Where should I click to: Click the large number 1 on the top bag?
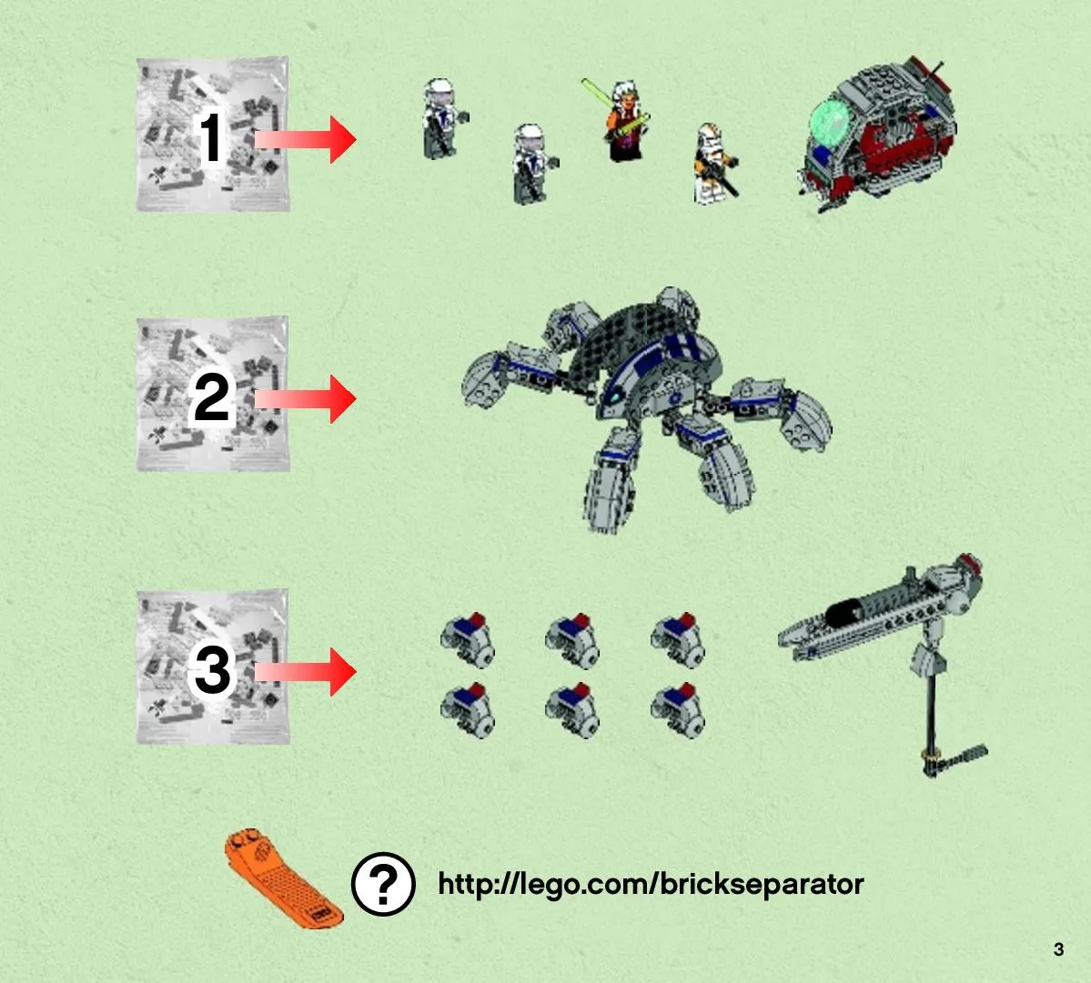tap(211, 138)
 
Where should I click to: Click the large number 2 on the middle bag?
tap(211, 397)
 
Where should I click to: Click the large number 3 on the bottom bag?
tap(212, 670)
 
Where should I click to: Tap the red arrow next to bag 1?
tap(306, 139)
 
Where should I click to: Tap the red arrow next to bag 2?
tap(306, 399)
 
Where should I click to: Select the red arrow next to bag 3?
tap(306, 672)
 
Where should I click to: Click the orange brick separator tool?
tap(282, 878)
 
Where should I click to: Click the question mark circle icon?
tap(383, 884)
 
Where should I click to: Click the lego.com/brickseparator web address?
tap(651, 884)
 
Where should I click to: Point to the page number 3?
tap(1058, 949)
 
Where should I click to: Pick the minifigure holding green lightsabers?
tap(620, 119)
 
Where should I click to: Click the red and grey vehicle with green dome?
tap(877, 135)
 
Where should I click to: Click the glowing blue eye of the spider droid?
tap(616, 397)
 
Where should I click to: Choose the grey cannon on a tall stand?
tap(884, 660)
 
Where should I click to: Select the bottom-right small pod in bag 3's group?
tap(678, 710)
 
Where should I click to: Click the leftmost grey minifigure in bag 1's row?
tap(444, 118)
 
